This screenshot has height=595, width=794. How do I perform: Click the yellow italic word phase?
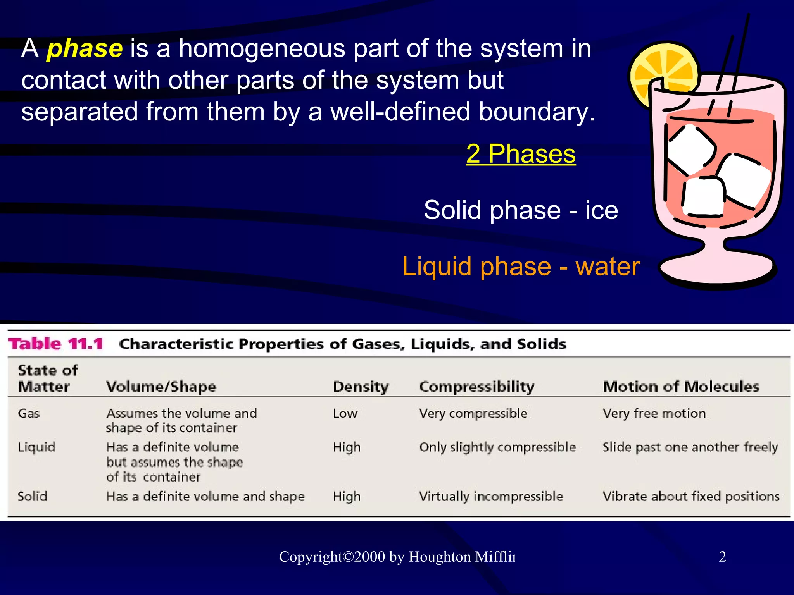(x=85, y=49)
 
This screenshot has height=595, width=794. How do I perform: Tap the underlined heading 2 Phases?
(x=521, y=154)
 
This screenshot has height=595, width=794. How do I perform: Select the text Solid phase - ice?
(x=521, y=210)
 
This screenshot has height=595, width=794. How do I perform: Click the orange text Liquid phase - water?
(x=521, y=267)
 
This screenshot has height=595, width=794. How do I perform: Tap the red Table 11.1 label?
(x=56, y=344)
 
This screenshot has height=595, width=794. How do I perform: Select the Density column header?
(x=361, y=387)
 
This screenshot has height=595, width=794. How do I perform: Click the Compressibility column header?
(x=476, y=387)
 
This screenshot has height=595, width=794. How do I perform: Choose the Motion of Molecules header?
(x=681, y=387)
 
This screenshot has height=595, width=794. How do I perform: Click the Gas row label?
(x=29, y=413)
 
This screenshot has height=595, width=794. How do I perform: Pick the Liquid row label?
(x=36, y=447)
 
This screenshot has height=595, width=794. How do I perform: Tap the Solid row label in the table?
(x=33, y=496)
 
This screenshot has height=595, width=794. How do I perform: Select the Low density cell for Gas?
(x=345, y=413)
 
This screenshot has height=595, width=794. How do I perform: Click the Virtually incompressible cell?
(x=491, y=496)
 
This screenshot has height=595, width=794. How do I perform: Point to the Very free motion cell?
(x=654, y=413)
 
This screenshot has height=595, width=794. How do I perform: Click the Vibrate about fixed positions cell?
(x=690, y=496)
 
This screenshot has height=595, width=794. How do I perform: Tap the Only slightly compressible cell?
(x=497, y=447)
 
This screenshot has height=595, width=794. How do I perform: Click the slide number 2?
(x=722, y=557)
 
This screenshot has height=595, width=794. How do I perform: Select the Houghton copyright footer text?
(x=397, y=557)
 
